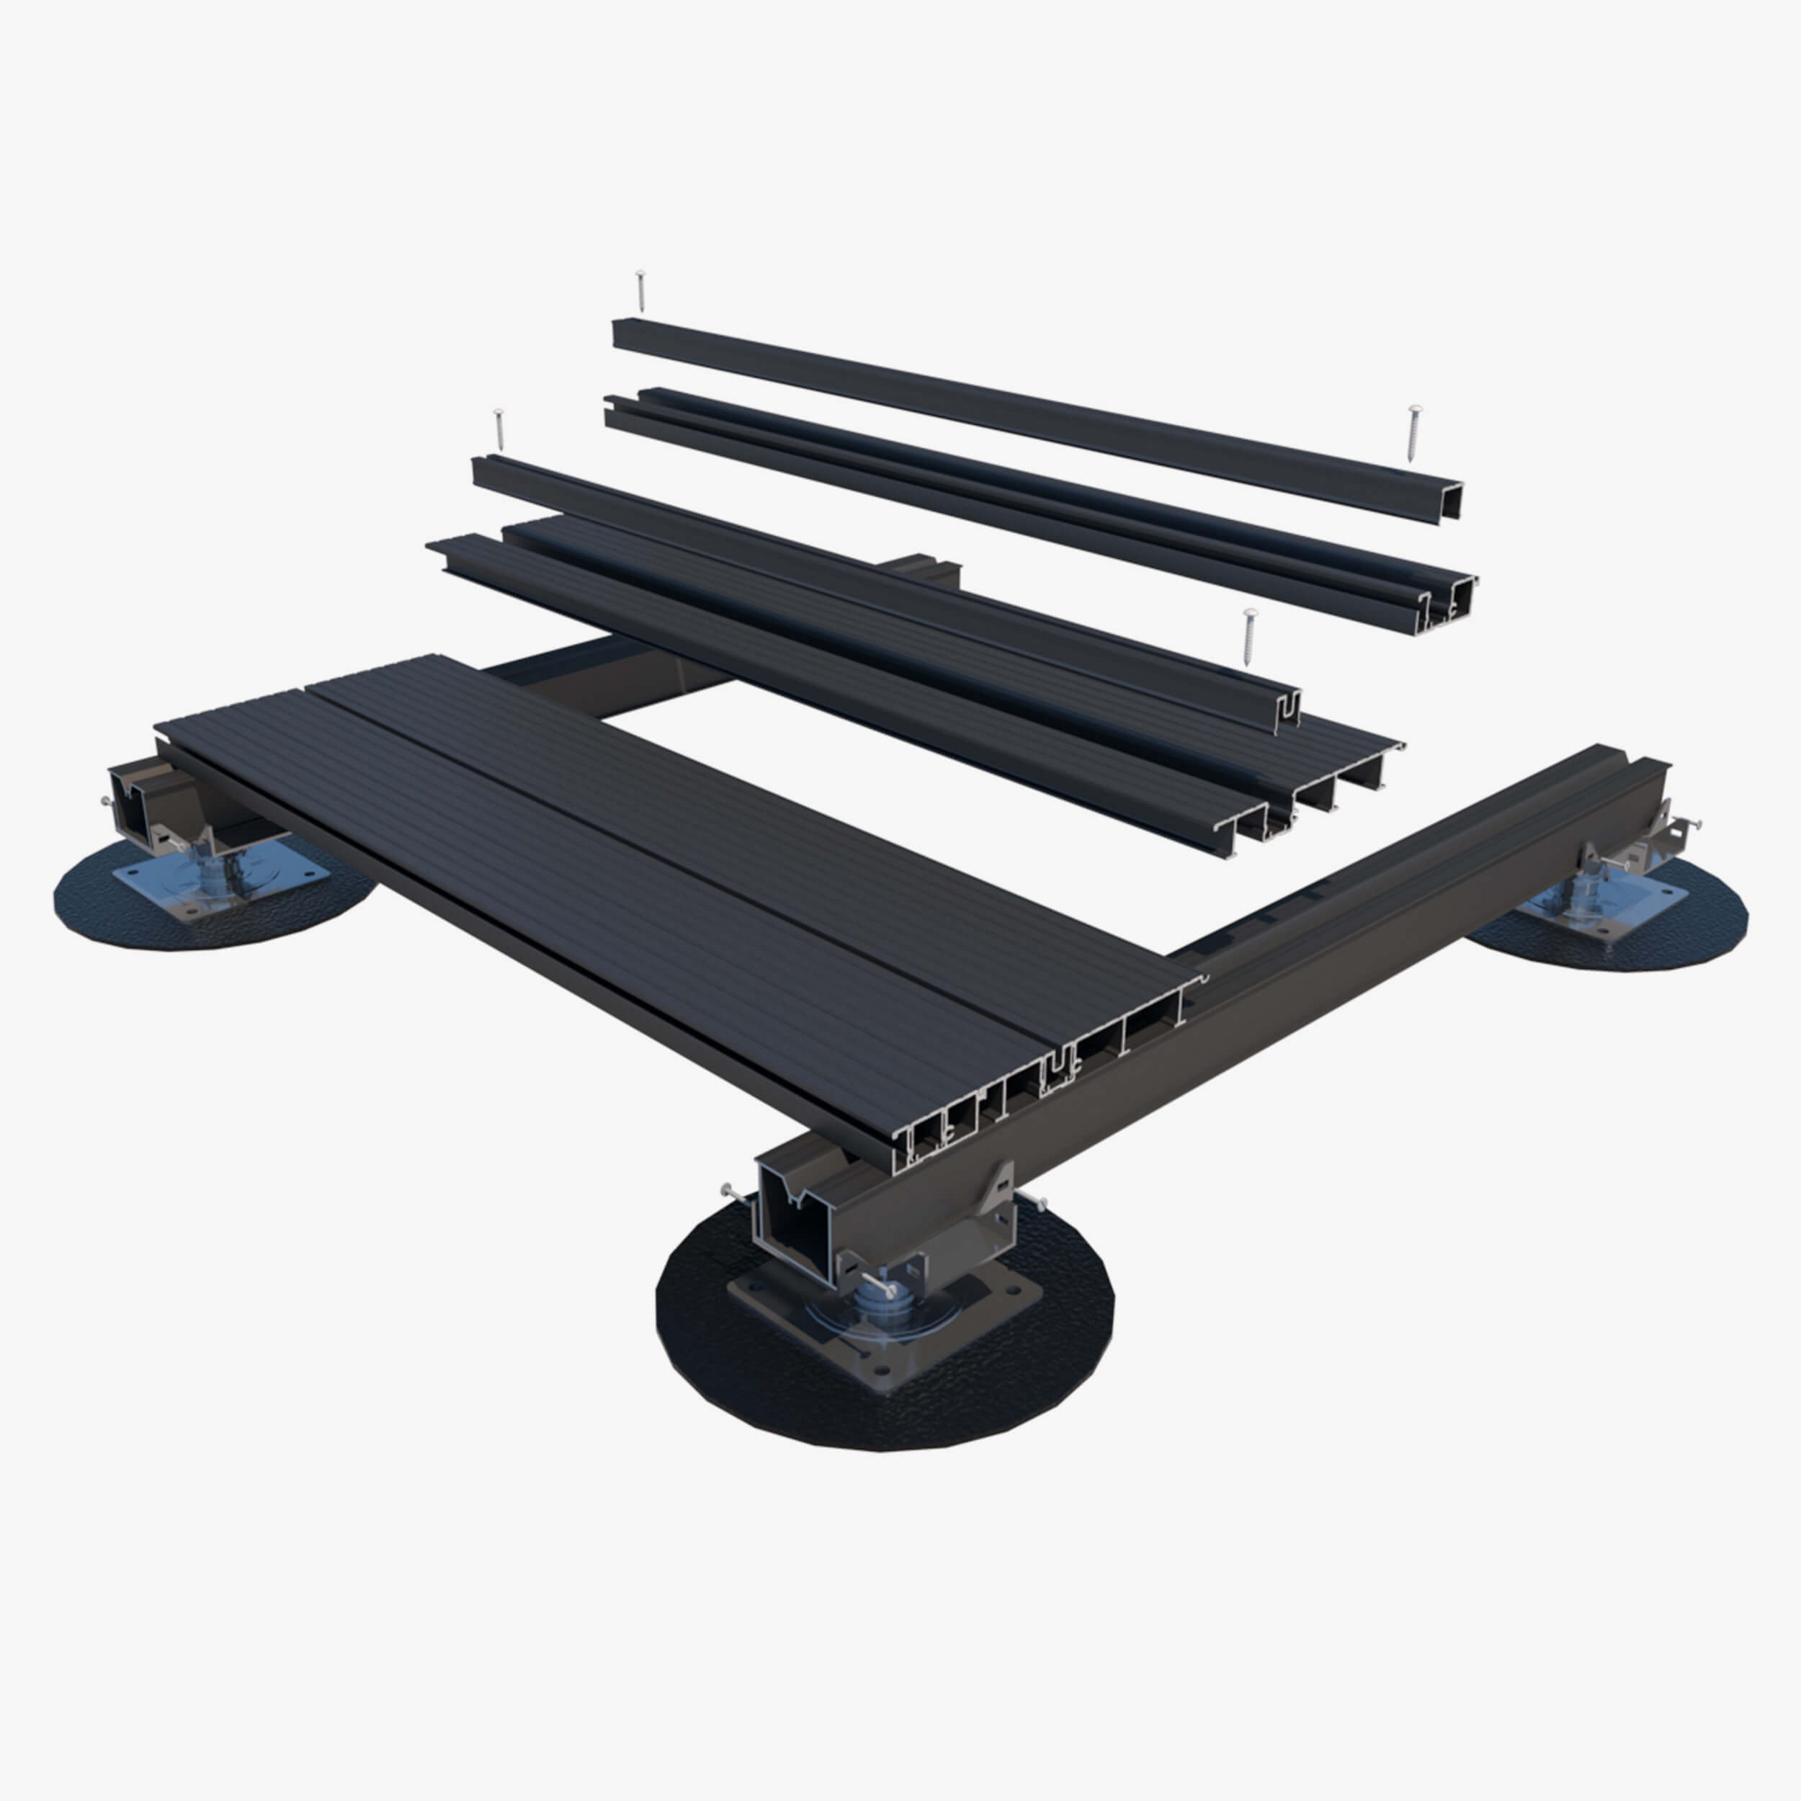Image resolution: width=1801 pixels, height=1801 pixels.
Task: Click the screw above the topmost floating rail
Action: [x=640, y=289]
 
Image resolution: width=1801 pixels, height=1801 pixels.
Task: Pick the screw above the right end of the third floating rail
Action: [x=1249, y=637]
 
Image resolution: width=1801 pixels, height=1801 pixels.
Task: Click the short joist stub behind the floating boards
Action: [x=923, y=571]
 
